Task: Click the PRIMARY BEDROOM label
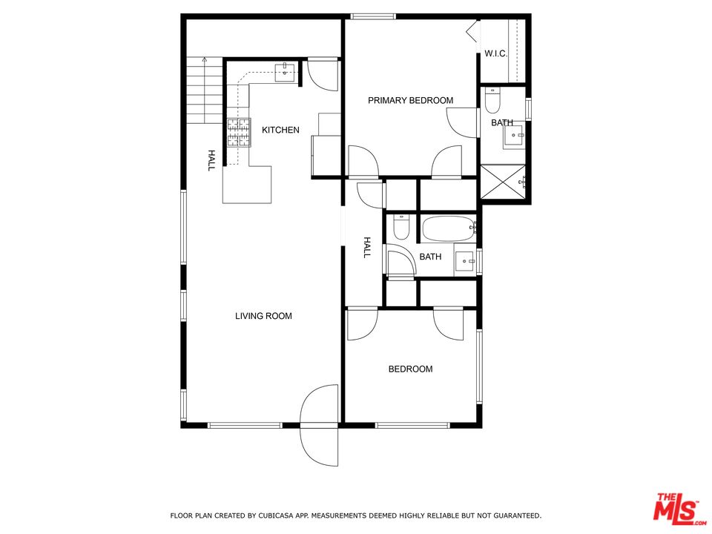click(410, 101)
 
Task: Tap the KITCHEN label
click(280, 131)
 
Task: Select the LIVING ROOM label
click(263, 316)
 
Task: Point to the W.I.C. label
click(495, 53)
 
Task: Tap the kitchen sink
click(285, 73)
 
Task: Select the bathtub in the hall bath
click(449, 228)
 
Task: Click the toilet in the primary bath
click(493, 99)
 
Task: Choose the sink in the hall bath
click(466, 260)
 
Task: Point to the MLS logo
click(676, 510)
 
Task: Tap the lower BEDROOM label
click(410, 369)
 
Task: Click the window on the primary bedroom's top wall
click(373, 16)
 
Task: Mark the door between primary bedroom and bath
click(463, 121)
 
